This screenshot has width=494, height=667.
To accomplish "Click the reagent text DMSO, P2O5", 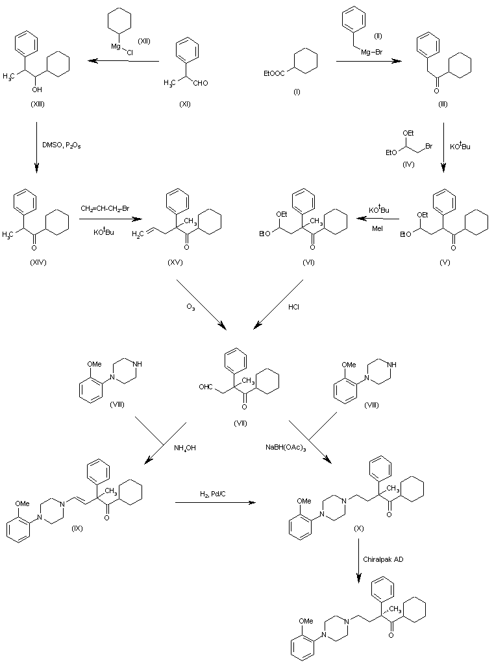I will [61, 145].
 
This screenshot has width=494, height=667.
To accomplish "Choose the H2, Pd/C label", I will [214, 495].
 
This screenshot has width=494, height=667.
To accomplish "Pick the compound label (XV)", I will [175, 262].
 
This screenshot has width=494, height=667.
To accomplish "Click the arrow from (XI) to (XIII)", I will [123, 61].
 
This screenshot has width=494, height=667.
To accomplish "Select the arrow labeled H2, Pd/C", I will [214, 502].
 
